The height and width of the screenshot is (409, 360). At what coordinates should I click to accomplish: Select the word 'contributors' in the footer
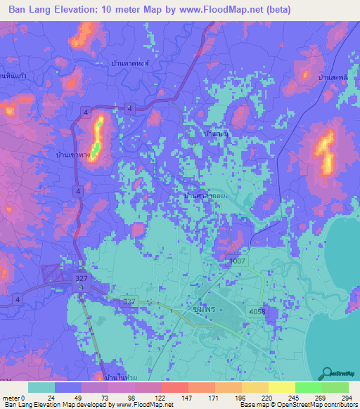click(x=337, y=405)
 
